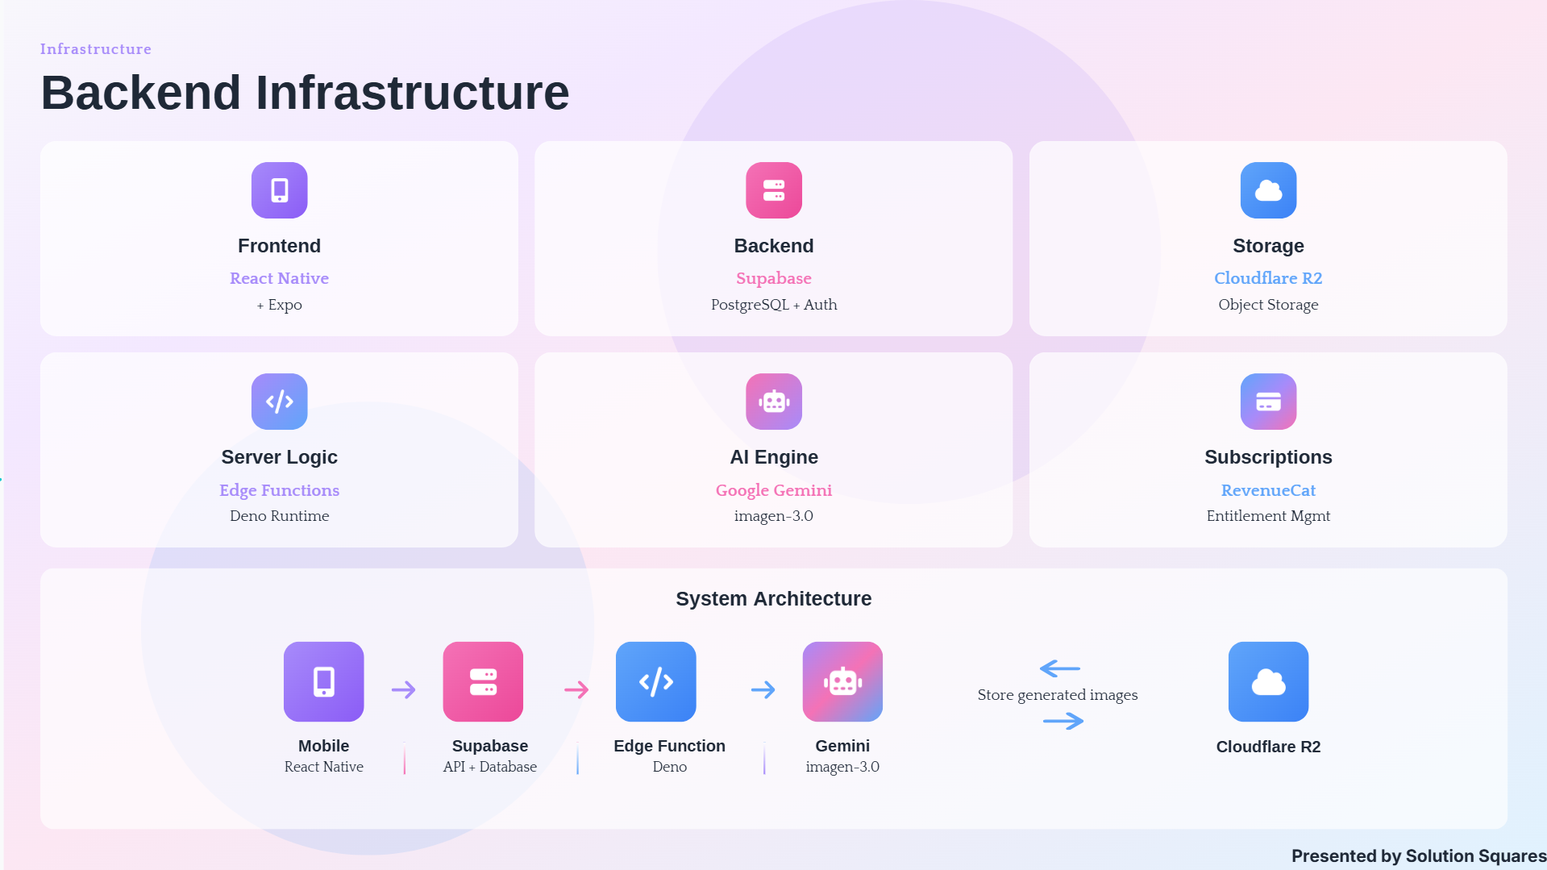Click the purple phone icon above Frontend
point(279,190)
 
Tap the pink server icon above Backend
point(774,190)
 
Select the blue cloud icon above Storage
point(1268,190)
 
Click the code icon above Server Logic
point(279,402)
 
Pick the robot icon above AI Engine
point(774,402)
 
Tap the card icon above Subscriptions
point(1268,402)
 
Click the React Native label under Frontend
point(279,278)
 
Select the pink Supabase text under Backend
point(774,278)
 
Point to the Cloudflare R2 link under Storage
point(1268,278)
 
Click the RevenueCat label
point(1268,490)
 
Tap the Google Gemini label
point(774,490)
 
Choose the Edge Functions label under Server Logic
point(279,490)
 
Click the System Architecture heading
point(774,598)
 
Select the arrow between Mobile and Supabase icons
point(403,689)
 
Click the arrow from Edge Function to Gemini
point(763,689)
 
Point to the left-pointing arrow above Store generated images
point(1060,668)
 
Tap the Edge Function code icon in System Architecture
point(656,681)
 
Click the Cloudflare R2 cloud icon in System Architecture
point(1268,681)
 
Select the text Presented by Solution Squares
point(1419,856)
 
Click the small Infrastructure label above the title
point(96,49)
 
